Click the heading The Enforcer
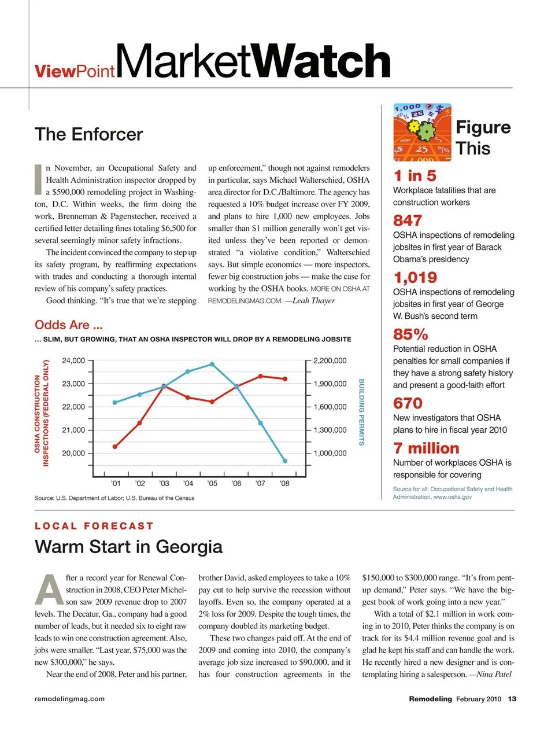pyautogui.click(x=88, y=134)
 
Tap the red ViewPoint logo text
pyautogui.click(x=75, y=71)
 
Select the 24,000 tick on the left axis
pyautogui.click(x=73, y=360)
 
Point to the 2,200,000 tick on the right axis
pyautogui.click(x=330, y=360)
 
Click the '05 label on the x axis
pyautogui.click(x=212, y=483)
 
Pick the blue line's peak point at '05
pyautogui.click(x=212, y=364)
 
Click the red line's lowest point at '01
pyautogui.click(x=115, y=447)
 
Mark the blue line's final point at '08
pyautogui.click(x=285, y=461)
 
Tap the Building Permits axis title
pyautogui.click(x=362, y=412)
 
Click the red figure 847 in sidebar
pyautogui.click(x=408, y=220)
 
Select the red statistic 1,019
pyautogui.click(x=415, y=277)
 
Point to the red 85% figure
pyautogui.click(x=410, y=334)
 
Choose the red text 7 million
pyautogui.click(x=426, y=448)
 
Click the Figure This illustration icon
pyautogui.click(x=422, y=132)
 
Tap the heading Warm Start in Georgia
pyautogui.click(x=128, y=546)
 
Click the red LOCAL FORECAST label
pyautogui.click(x=94, y=526)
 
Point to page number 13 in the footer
pyautogui.click(x=512, y=699)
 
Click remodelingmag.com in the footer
pyautogui.click(x=69, y=699)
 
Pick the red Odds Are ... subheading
pyautogui.click(x=68, y=325)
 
